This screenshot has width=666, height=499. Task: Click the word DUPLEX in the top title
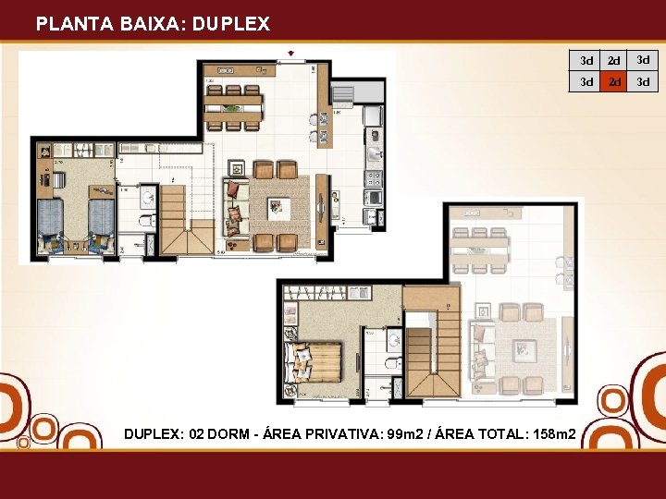tap(232, 25)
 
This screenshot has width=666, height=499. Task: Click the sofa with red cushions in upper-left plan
tap(237, 204)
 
